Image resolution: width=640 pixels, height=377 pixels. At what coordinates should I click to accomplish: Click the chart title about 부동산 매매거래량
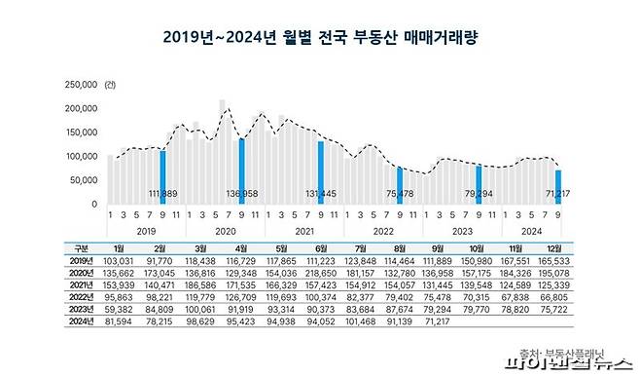click(x=319, y=38)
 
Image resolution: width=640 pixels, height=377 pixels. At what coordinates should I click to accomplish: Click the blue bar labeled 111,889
click(x=162, y=175)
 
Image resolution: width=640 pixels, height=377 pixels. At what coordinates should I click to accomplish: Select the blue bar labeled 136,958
click(x=241, y=170)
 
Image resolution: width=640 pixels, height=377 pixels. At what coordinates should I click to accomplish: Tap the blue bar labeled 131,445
click(x=320, y=171)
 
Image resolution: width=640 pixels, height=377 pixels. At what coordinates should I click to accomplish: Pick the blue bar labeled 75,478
click(x=399, y=185)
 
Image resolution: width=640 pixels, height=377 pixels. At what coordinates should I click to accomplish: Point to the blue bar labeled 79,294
click(x=478, y=184)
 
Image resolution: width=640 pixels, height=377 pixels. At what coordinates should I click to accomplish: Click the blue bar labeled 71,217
click(x=557, y=186)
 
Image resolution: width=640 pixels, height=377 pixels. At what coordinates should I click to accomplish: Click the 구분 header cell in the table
click(x=82, y=249)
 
